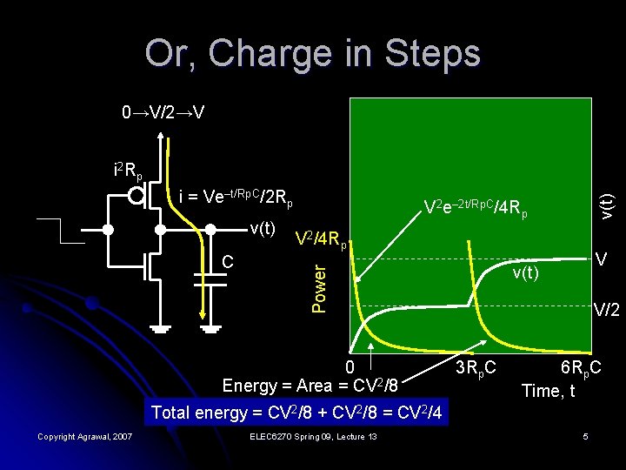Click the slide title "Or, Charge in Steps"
pos(312,54)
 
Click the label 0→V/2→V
pos(163,113)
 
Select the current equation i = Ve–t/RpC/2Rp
pos(234,199)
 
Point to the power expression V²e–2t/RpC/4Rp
pos(475,210)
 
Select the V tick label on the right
pos(601,259)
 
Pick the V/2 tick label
pos(606,309)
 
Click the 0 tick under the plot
pos(350,366)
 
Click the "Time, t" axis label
pos(548,391)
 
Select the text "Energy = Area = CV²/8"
pos(311,386)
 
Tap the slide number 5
pos(587,436)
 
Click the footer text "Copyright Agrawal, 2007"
pos(85,436)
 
